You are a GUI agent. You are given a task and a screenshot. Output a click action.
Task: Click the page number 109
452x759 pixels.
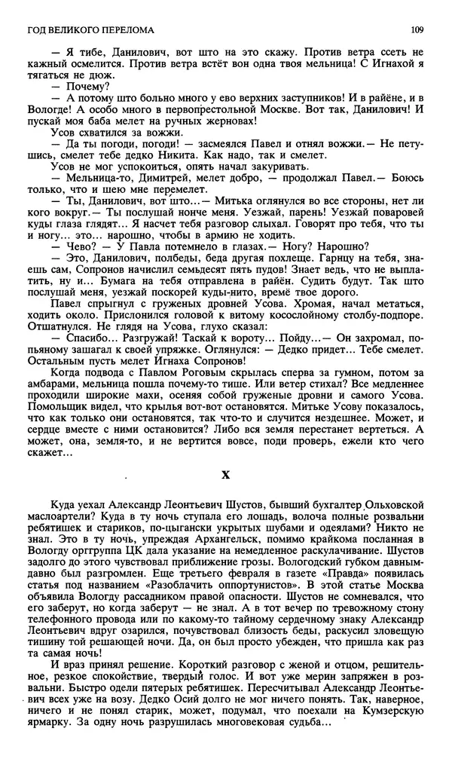[x=420, y=30]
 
